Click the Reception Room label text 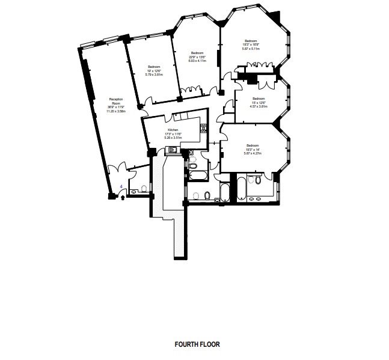coord(116,100)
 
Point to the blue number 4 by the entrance coord(122,187)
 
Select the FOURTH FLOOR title coord(197,345)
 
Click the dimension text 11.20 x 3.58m coord(115,111)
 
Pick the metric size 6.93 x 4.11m coord(197,61)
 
